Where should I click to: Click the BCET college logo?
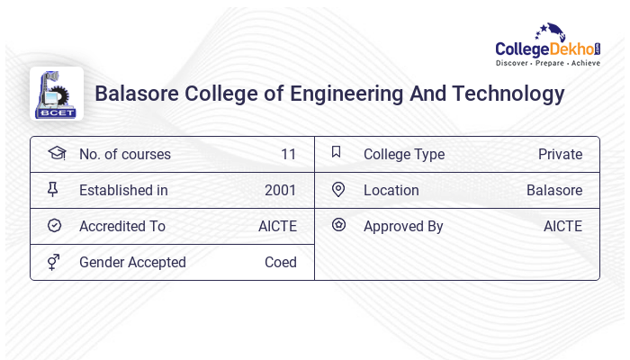tap(56, 94)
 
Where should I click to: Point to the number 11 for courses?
tap(288, 154)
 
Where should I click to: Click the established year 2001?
tap(281, 190)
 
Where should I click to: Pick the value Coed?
tap(281, 262)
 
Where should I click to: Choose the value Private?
tap(560, 154)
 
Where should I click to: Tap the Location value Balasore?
tap(554, 190)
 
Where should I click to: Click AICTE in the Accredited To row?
tap(277, 226)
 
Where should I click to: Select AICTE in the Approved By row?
tap(562, 226)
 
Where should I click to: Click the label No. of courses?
tap(125, 154)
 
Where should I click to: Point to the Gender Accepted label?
tap(132, 262)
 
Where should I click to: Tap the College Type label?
tap(404, 154)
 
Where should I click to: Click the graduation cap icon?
tap(56, 153)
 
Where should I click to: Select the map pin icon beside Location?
tap(338, 189)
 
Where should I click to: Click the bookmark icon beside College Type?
tap(337, 152)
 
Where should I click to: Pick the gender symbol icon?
tap(54, 262)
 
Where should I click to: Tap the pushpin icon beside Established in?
tap(53, 189)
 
